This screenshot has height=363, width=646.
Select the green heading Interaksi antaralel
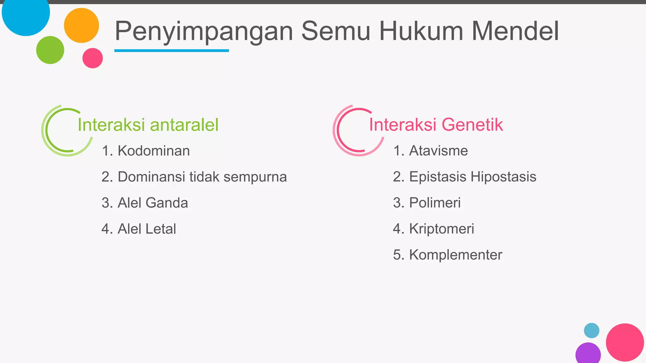[x=148, y=124]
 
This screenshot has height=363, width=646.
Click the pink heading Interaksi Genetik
[x=436, y=124]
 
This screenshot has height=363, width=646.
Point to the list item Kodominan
[x=146, y=151]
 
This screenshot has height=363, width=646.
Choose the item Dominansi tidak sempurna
[x=194, y=177]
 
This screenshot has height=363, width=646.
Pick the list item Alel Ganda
[x=145, y=203]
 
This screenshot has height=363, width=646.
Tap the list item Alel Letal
[x=139, y=229]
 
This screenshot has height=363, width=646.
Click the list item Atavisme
[x=431, y=151]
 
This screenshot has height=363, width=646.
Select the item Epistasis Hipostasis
[x=465, y=177]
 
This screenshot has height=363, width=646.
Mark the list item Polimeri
[x=427, y=203]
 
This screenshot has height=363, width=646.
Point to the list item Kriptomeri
[x=433, y=229]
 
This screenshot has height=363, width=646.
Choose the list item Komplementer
[x=448, y=255]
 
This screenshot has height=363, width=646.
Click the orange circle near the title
[x=81, y=26]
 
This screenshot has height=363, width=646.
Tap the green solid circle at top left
[x=50, y=50]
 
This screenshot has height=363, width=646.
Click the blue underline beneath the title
[x=172, y=50]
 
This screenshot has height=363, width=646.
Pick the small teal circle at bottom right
[x=591, y=331]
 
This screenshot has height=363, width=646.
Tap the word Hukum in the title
[x=421, y=31]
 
